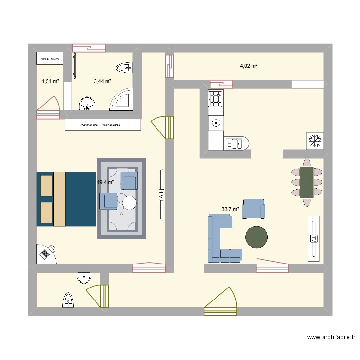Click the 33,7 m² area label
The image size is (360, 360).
(x=230, y=209)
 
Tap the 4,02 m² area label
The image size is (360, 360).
(x=249, y=66)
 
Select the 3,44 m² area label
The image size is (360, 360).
(x=102, y=82)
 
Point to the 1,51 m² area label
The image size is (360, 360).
(x=50, y=82)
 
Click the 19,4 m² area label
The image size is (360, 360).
(x=105, y=182)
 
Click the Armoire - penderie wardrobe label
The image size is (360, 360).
(x=102, y=125)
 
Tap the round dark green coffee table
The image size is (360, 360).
(x=256, y=237)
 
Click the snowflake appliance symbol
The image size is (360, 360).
(x=314, y=141)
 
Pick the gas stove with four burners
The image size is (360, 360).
(x=216, y=98)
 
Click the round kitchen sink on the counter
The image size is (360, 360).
(x=216, y=123)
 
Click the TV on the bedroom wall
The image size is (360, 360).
(x=161, y=194)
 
